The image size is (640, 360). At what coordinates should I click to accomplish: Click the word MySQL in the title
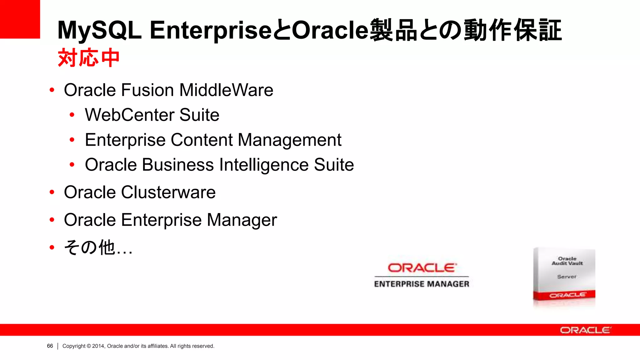(x=99, y=30)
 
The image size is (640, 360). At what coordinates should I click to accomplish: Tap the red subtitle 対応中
(x=88, y=58)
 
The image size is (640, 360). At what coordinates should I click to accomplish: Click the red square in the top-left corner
(x=20, y=19)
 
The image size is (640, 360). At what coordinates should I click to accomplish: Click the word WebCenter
(x=129, y=115)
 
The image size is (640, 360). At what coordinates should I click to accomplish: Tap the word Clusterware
(x=168, y=192)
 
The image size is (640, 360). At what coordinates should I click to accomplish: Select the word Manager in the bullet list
(x=242, y=220)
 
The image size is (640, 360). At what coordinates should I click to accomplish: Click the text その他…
(x=98, y=247)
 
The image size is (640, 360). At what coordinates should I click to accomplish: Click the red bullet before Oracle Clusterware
(x=52, y=192)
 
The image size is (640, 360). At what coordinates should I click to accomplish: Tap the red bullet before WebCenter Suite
(x=72, y=115)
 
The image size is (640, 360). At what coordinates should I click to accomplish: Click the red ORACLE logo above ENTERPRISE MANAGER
(x=422, y=268)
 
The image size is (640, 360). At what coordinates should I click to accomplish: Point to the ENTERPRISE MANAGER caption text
(x=422, y=284)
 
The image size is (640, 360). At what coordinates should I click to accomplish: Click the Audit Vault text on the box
(x=567, y=263)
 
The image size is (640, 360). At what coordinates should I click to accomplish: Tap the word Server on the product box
(x=567, y=277)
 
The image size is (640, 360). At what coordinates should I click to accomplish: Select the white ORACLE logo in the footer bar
(x=585, y=330)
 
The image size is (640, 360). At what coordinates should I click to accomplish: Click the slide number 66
(x=50, y=346)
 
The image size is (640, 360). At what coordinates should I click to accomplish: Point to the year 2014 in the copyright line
(x=98, y=346)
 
